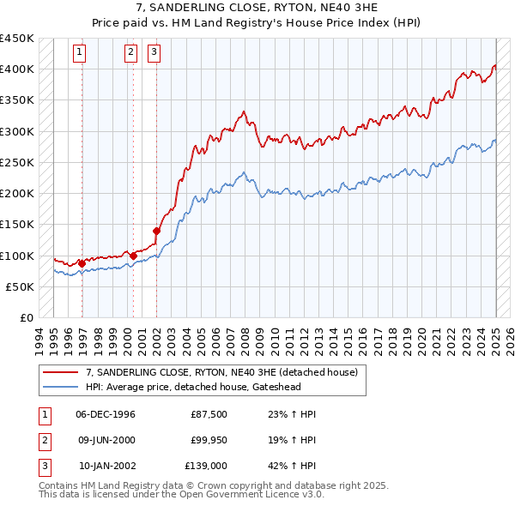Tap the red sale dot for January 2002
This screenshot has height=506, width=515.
(157, 231)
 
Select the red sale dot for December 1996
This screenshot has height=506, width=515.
(82, 263)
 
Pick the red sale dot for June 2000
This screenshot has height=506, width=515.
(134, 256)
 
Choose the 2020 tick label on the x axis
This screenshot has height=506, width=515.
(421, 336)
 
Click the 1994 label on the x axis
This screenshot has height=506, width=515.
(39, 336)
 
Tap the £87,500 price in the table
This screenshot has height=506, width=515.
(209, 414)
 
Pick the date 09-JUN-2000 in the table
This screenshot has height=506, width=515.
(106, 441)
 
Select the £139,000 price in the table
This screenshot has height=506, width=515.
(207, 467)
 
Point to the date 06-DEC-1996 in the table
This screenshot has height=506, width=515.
(106, 414)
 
